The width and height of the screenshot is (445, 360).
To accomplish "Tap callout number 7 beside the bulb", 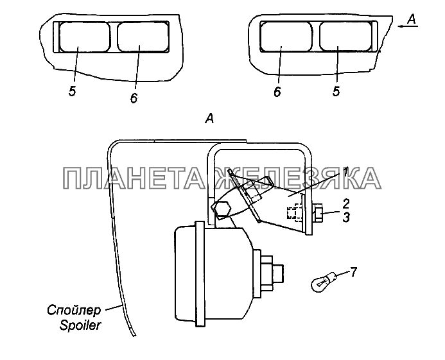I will click(353, 273).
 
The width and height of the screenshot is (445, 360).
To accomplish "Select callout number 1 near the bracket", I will click(345, 172).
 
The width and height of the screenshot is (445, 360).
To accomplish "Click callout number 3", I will click(346, 218).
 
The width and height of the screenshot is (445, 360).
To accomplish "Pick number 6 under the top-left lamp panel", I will click(133, 98).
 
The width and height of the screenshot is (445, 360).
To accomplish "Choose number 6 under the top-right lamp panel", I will click(277, 91).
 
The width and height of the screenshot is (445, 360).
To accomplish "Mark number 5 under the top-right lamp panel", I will click(336, 91).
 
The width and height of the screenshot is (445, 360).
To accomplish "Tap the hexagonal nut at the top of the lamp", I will click(223, 209).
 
